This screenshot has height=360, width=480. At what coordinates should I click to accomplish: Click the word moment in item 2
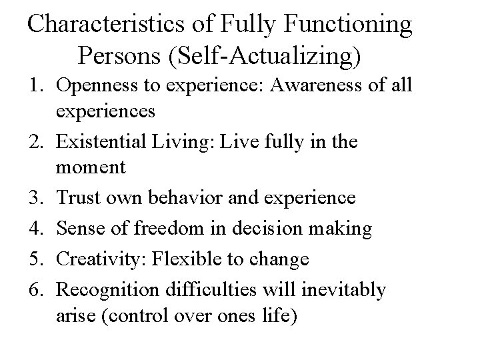91,168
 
